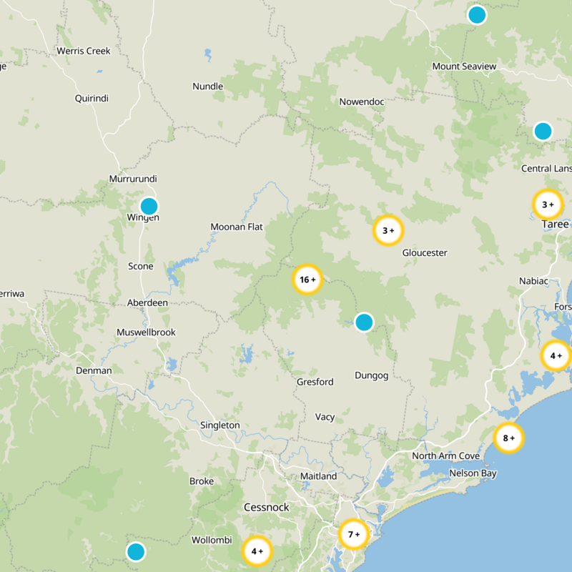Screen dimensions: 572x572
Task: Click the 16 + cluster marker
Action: [308, 280]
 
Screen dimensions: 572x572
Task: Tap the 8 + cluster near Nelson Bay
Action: [509, 438]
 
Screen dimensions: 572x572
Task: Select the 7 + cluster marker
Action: [354, 533]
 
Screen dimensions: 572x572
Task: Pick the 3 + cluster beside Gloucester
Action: [388, 230]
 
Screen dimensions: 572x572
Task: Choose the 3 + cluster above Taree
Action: [548, 204]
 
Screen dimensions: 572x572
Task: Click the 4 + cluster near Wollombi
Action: [257, 551]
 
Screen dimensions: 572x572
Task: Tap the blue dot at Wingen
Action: [149, 207]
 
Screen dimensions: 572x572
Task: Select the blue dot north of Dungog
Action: [364, 322]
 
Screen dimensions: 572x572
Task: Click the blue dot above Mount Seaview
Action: [477, 14]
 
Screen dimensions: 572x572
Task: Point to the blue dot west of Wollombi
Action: [135, 552]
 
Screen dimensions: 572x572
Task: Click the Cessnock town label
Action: [267, 508]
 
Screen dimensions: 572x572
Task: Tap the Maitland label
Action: [318, 476]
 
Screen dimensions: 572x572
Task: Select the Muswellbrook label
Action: [146, 332]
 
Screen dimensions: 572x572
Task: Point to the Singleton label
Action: [220, 425]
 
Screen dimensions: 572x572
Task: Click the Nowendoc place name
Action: [362, 102]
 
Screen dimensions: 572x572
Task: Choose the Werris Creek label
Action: [84, 51]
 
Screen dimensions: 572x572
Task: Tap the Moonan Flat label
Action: [237, 227]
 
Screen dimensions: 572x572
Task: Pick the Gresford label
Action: [315, 382]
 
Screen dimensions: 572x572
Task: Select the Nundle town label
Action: [208, 87]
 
